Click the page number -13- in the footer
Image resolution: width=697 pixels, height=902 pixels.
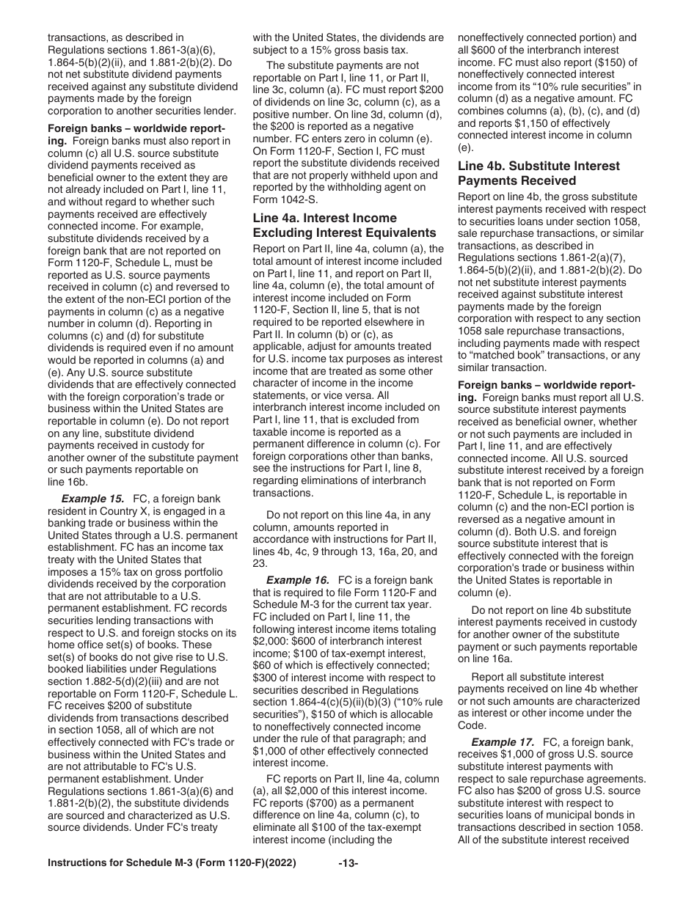pos(348,884)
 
